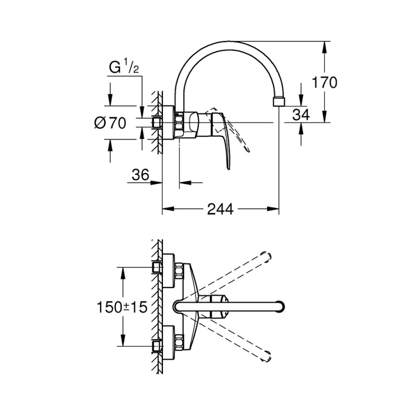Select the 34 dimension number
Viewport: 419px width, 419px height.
301,114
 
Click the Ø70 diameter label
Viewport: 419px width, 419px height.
110,123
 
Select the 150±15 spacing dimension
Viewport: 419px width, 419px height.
122,308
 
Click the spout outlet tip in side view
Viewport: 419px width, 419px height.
278,102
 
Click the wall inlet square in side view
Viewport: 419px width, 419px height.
158,122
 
